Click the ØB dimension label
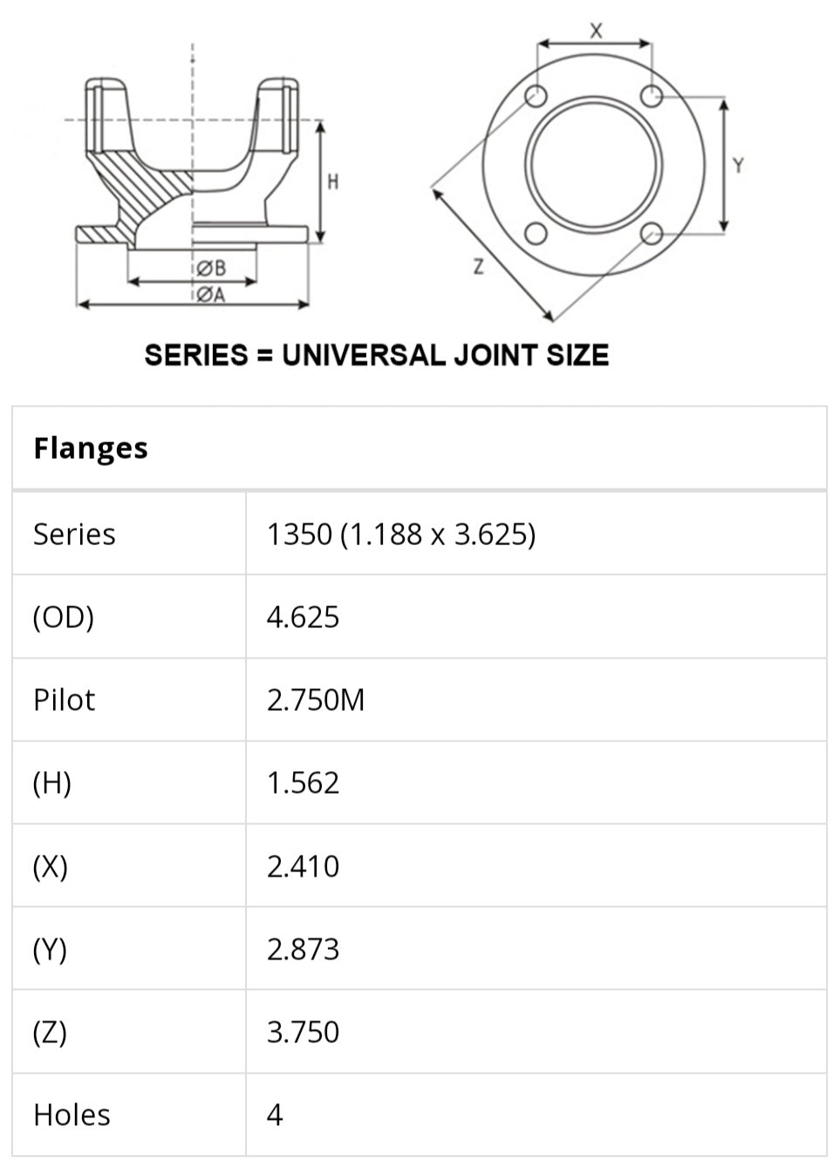pos(212,269)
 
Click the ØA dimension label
pos(212,295)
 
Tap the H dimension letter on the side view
pos(333,182)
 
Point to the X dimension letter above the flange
pos(596,31)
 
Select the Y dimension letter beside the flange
pos(739,166)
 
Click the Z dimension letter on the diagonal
pos(478,267)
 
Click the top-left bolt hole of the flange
pos(536,96)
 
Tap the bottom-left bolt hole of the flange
pos(536,233)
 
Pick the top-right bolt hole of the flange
pos(651,96)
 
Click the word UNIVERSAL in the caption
pos(364,355)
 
